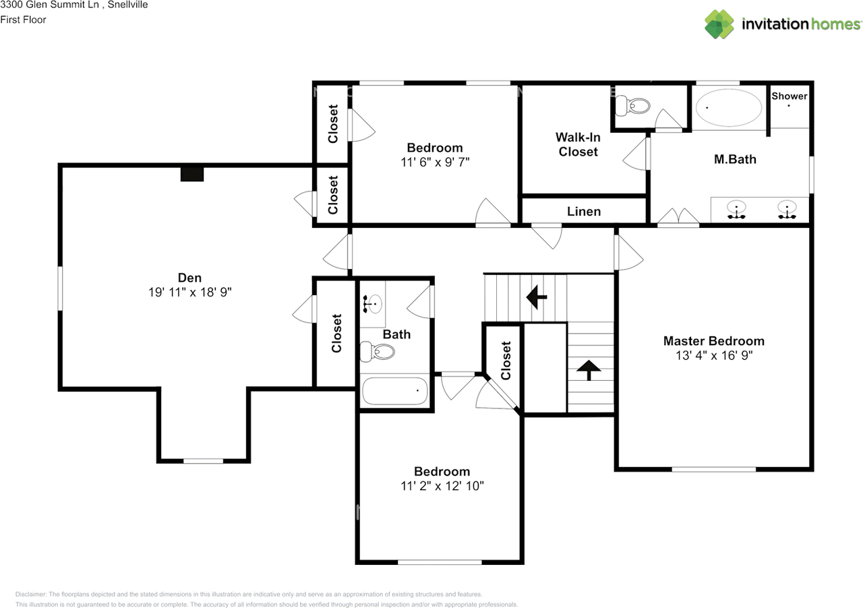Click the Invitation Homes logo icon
[x=719, y=24]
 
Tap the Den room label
[x=189, y=278]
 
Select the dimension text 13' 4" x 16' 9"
[x=713, y=355]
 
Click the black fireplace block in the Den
[x=192, y=174]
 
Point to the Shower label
[x=789, y=96]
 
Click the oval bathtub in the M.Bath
[x=729, y=107]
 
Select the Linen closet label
[x=584, y=212]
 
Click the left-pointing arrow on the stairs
[x=537, y=297]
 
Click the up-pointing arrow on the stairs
[x=589, y=369]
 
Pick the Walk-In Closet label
[x=578, y=145]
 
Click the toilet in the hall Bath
[x=377, y=351]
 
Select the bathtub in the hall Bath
[x=395, y=391]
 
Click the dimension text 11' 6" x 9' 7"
[x=434, y=162]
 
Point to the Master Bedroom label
[x=713, y=341]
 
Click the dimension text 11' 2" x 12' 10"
[x=442, y=486]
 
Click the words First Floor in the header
[x=24, y=20]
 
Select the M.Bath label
[x=735, y=160]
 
